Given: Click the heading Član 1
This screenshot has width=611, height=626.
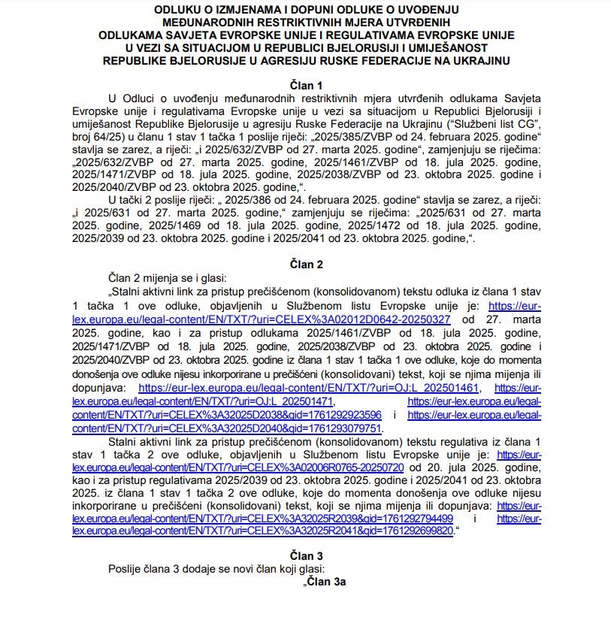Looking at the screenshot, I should [x=305, y=85].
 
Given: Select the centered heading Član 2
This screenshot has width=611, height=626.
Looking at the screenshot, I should [x=305, y=264].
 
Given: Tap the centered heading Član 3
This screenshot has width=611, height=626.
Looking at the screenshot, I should [x=305, y=555].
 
